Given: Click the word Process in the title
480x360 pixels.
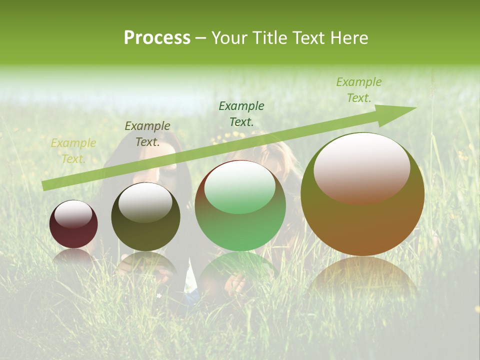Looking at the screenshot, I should click(x=157, y=38).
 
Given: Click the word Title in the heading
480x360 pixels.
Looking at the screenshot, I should click(x=268, y=38).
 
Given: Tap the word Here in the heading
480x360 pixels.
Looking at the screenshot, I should click(x=349, y=38).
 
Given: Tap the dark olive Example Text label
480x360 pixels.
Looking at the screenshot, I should click(x=147, y=134).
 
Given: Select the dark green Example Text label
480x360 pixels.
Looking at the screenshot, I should click(x=241, y=113).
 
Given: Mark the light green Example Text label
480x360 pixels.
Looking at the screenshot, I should click(x=359, y=90).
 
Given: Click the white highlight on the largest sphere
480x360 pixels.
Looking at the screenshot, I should click(x=362, y=167).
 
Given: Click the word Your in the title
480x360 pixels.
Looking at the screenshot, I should click(x=230, y=38).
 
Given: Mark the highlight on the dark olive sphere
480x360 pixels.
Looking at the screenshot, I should click(x=145, y=202).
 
